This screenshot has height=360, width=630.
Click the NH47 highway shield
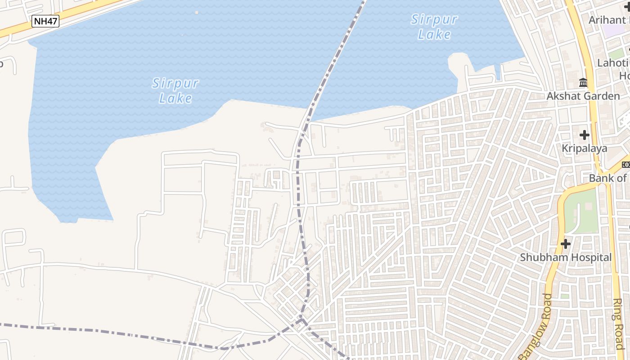click(46, 21)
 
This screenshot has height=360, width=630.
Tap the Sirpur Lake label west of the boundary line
click(175, 90)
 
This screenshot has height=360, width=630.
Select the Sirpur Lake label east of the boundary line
click(434, 27)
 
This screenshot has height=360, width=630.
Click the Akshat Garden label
click(583, 96)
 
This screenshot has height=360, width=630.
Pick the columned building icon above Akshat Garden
click(583, 82)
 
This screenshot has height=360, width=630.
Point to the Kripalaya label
click(584, 148)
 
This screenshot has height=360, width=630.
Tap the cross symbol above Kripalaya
click(584, 135)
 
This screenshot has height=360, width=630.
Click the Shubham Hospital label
click(566, 257)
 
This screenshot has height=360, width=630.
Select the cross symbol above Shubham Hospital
click(566, 244)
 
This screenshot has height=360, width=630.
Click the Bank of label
click(607, 178)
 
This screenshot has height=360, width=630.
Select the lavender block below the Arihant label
click(613, 31)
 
